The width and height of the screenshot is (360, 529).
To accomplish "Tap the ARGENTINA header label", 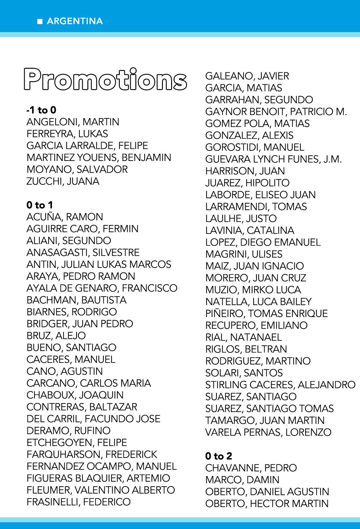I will click(75, 21).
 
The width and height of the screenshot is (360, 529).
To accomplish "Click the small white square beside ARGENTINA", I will click(40, 21).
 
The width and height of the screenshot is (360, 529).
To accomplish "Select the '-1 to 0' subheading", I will click(41, 110).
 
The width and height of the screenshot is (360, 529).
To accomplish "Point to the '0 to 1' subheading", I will click(40, 205).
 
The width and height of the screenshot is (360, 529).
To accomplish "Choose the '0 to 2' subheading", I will click(219, 456).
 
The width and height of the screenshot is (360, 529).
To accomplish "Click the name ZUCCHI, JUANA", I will click(63, 181).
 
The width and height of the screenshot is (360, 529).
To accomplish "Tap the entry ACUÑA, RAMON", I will click(65, 217).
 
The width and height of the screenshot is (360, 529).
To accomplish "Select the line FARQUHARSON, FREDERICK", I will click(92, 454).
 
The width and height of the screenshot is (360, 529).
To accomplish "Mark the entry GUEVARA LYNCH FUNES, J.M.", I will click(274, 159).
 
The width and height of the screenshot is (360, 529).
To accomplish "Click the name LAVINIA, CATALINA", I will click(250, 230).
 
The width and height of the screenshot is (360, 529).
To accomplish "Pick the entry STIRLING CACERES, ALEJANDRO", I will click(280, 385).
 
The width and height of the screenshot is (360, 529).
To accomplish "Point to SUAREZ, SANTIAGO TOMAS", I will click(270, 408).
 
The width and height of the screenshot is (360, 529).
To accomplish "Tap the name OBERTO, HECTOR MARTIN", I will click(267, 503).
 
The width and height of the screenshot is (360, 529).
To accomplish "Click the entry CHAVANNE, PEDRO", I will click(251, 468).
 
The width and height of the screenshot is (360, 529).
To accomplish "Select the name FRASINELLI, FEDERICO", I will click(79, 502).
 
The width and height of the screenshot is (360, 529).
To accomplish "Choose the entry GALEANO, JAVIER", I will click(247, 76).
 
